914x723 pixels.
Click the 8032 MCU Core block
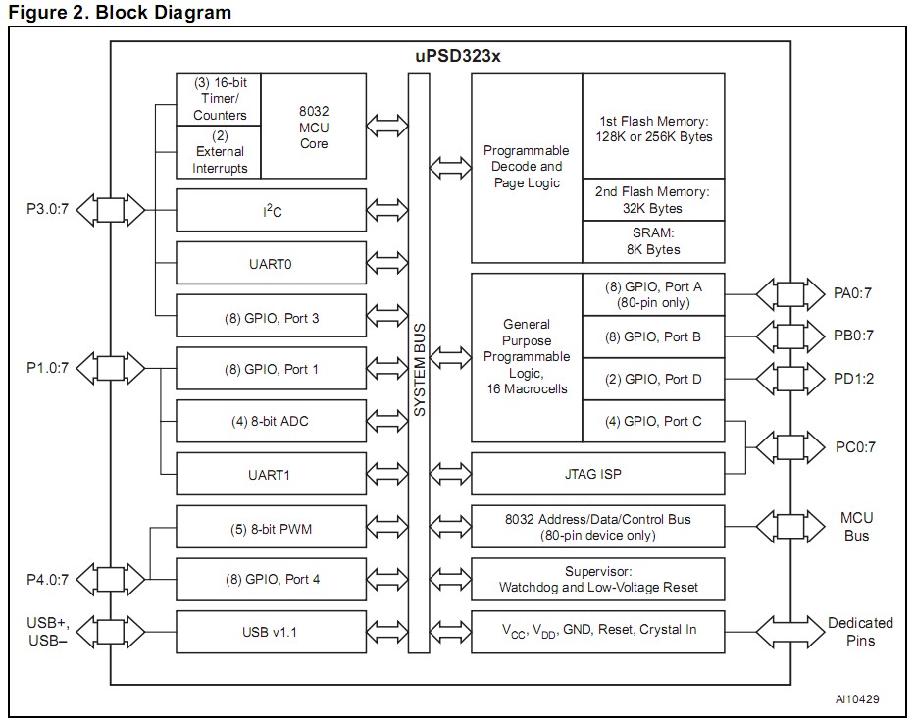click(314, 126)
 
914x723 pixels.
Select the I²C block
click(271, 210)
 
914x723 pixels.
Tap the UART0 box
click(271, 263)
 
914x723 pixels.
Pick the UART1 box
click(271, 475)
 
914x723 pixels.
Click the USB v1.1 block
click(271, 631)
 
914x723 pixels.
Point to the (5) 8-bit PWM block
click(271, 529)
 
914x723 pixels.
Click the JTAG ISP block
click(598, 475)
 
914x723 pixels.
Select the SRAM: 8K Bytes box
click(653, 241)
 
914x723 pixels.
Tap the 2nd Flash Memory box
click(653, 200)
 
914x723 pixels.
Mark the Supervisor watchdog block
click(598, 579)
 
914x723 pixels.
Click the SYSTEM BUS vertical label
click(419, 363)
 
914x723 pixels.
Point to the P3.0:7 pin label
click(46, 210)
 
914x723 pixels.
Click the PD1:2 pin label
click(853, 378)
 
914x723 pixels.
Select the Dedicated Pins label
click(860, 631)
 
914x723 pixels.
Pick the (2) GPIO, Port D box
click(653, 379)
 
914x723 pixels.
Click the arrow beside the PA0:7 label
click(789, 291)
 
